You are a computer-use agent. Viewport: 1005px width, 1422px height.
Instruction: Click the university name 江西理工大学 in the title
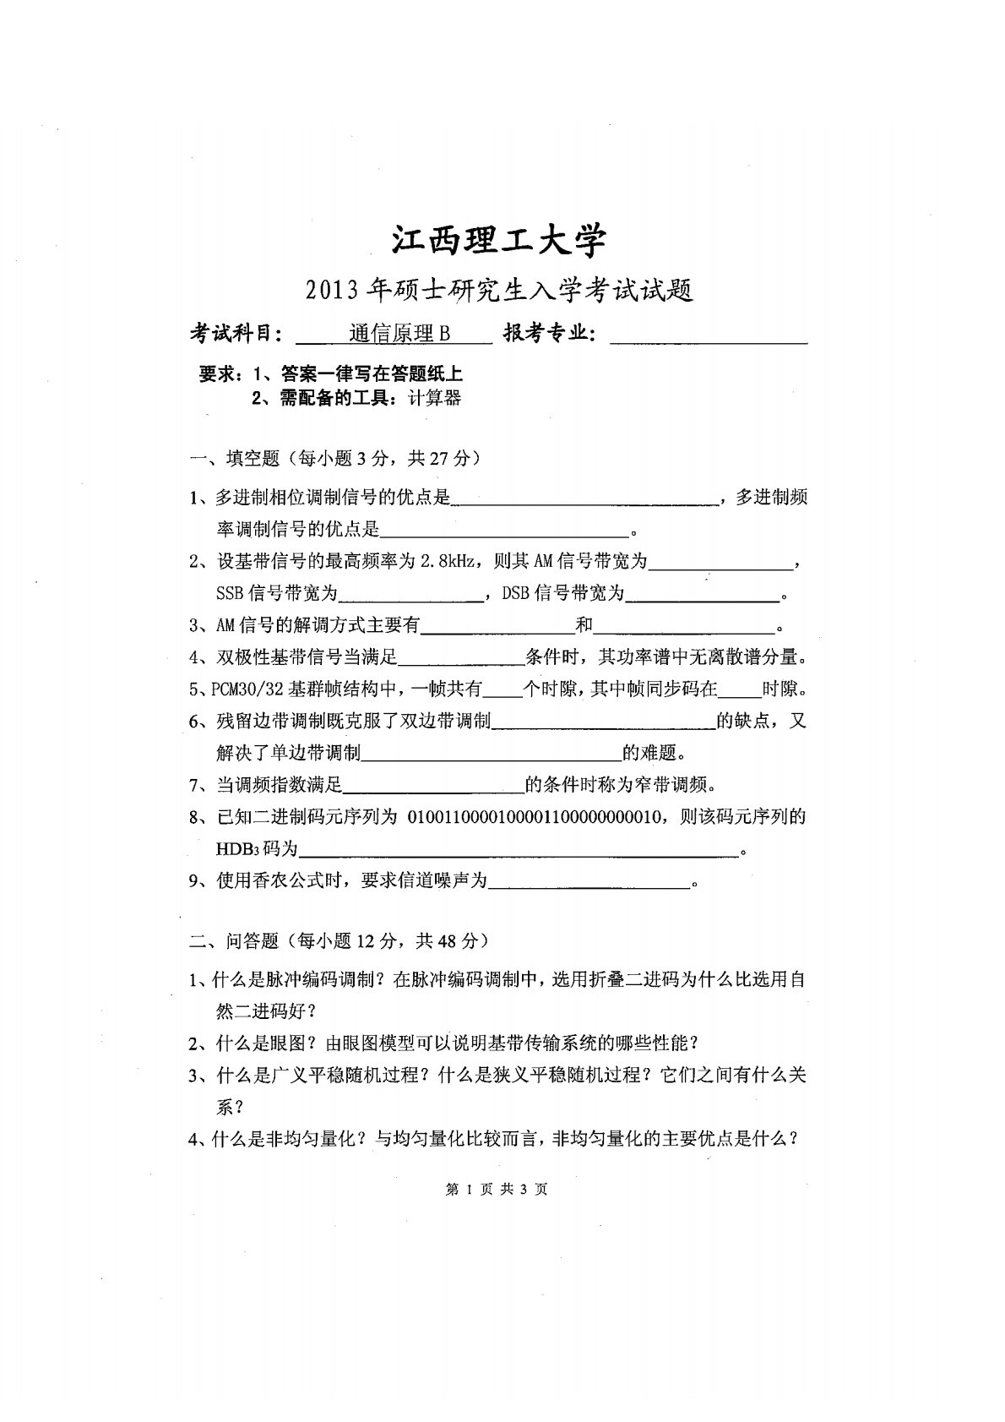[498, 241]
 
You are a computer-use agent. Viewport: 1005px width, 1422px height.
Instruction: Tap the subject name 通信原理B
[399, 335]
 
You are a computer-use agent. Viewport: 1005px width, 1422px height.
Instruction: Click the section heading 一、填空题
[236, 458]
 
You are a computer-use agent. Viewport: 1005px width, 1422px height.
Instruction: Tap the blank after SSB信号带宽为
[410, 595]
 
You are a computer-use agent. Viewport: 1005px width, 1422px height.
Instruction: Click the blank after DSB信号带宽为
[702, 595]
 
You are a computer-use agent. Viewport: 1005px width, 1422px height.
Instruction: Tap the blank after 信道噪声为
[589, 881]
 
